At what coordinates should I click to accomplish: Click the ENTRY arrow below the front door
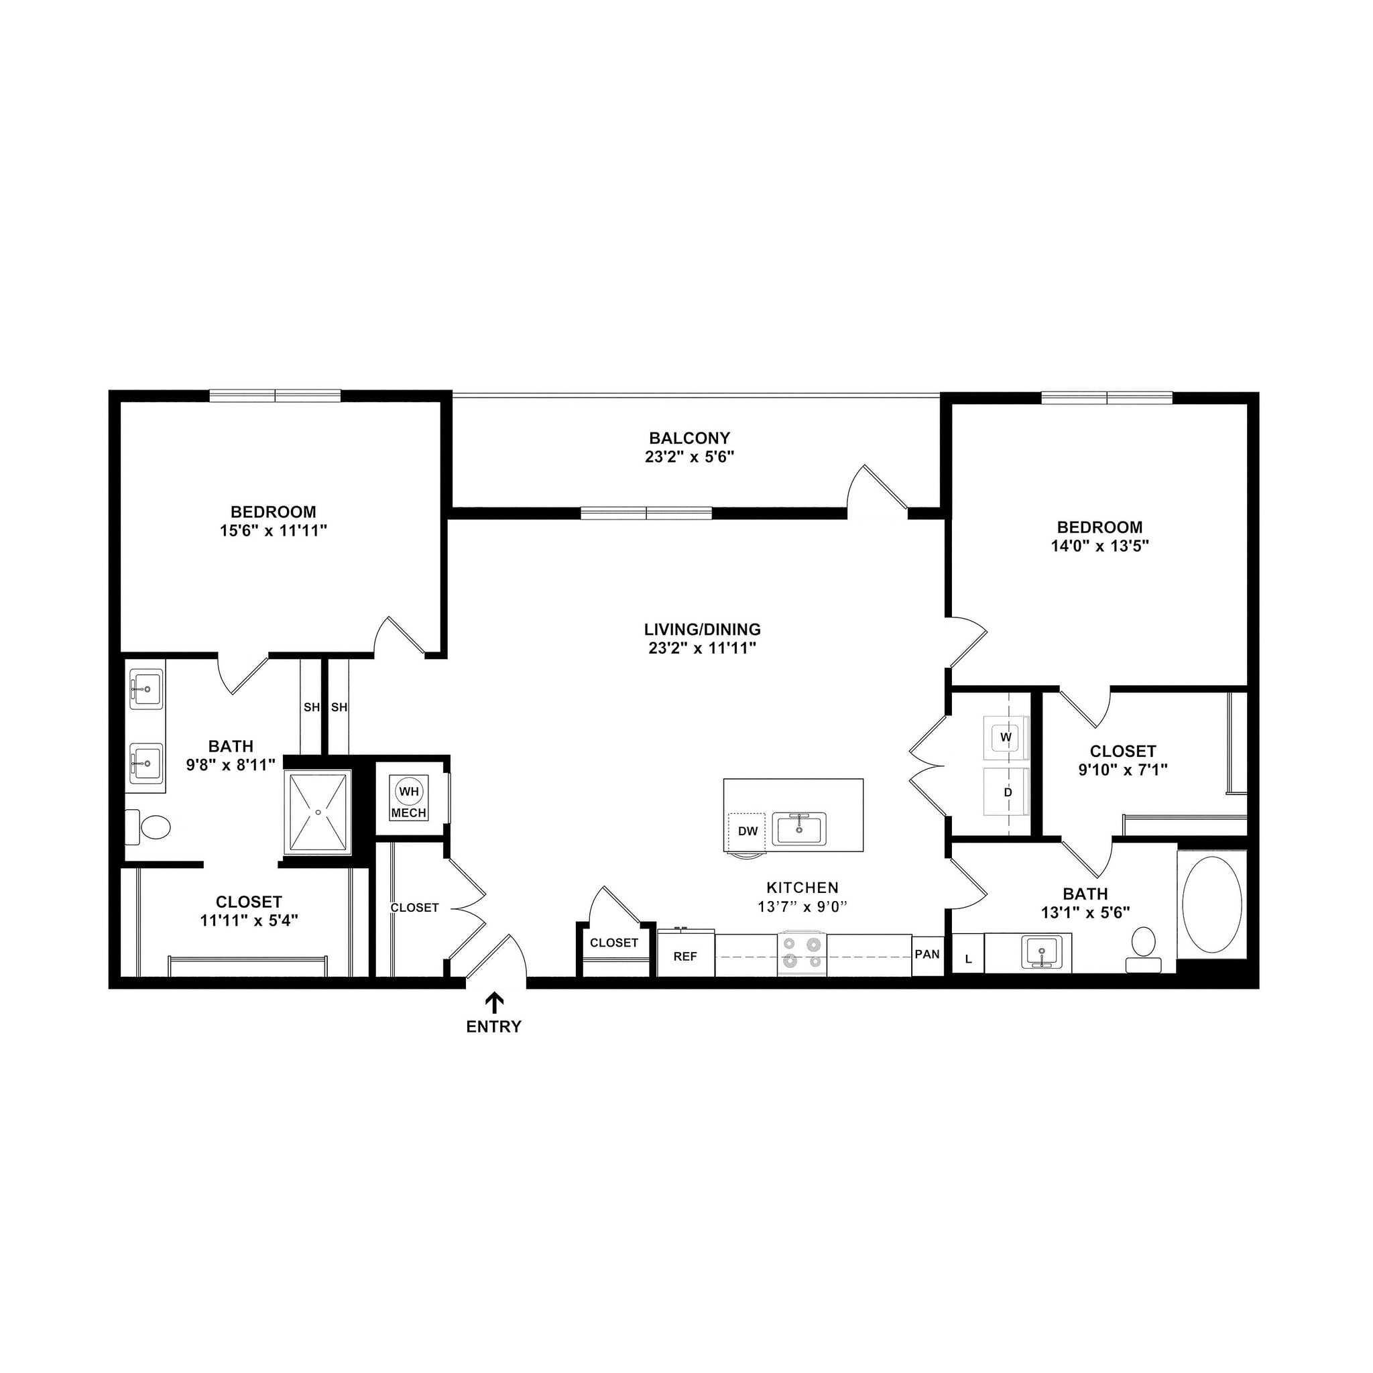(494, 1003)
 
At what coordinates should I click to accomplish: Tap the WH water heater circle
(410, 791)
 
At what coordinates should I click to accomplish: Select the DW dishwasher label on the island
(748, 831)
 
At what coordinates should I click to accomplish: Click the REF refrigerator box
(685, 957)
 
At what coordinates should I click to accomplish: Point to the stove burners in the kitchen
(802, 954)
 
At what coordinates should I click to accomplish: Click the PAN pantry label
(927, 955)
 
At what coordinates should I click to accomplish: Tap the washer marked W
(1006, 737)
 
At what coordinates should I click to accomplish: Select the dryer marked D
(1007, 792)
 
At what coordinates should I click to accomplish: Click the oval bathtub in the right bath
(1211, 904)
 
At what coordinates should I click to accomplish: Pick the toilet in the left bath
(151, 827)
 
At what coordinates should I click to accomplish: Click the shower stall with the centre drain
(318, 812)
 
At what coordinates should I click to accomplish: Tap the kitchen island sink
(800, 829)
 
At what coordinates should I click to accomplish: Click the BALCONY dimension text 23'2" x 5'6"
(689, 457)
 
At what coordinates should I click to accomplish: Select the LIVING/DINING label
(702, 629)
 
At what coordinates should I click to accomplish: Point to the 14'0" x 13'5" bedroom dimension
(1099, 546)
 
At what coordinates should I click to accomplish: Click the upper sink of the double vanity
(146, 689)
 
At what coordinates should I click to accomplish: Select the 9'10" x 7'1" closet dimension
(1123, 770)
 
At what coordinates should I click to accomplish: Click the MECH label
(409, 813)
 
